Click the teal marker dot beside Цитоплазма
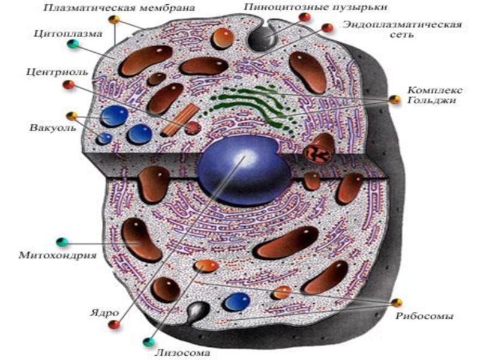73,44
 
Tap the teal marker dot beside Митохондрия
61,242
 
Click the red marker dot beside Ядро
112,325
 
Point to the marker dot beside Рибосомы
395,302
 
